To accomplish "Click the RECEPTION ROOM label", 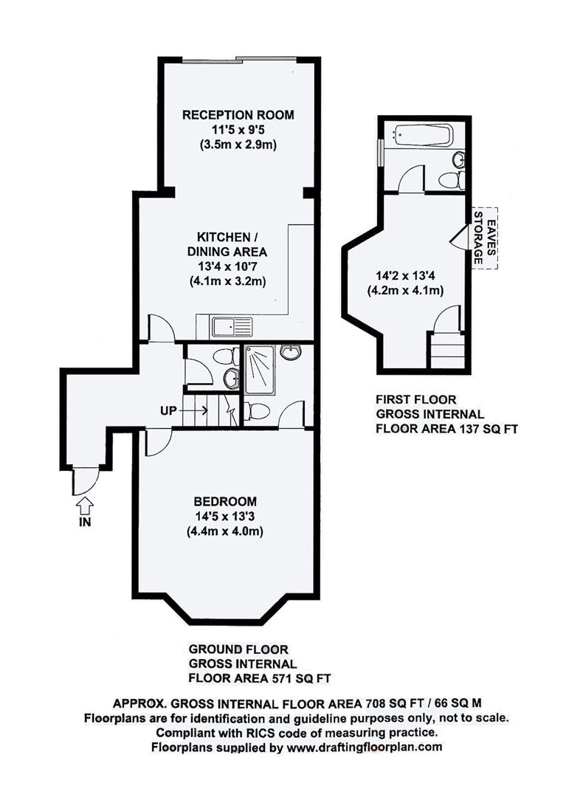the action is [238, 115].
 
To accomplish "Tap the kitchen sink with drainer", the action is [232, 327].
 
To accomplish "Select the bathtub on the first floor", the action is [422, 136].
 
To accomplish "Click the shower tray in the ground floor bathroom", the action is [260, 370].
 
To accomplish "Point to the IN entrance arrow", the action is [85, 506].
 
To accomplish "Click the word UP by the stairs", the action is [168, 411].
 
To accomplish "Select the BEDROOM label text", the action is [224, 502].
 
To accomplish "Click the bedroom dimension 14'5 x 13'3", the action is [224, 517].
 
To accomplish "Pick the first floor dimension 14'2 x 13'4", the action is [405, 276].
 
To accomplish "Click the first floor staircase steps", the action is [447, 351].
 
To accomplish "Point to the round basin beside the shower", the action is [290, 352].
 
